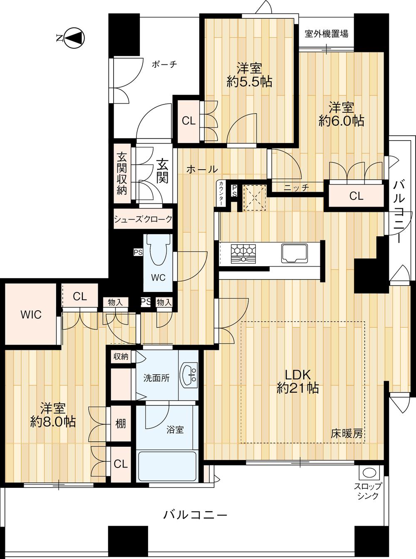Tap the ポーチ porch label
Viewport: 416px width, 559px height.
coord(164,64)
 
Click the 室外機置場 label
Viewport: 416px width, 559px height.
coord(326,34)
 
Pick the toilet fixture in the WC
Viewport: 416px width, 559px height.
coord(158,250)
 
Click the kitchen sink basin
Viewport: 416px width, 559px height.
coord(295,253)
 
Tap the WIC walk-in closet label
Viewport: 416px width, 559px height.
coord(31,315)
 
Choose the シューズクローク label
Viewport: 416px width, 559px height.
coord(143,219)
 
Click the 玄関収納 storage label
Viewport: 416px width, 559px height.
coord(122,173)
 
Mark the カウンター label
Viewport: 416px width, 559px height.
coord(221,193)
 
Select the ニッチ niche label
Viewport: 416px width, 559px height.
coord(296,188)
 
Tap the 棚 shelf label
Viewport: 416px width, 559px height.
coord(121,423)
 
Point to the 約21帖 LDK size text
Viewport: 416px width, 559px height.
coord(298,388)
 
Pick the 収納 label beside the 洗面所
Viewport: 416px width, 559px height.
coord(121,356)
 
